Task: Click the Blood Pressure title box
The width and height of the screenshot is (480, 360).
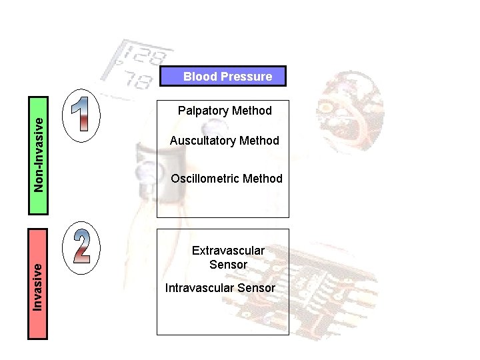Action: click(x=223, y=77)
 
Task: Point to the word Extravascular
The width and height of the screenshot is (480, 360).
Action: click(x=228, y=251)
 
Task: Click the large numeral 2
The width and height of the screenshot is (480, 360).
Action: click(x=82, y=246)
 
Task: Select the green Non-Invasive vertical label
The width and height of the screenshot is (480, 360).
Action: click(x=39, y=155)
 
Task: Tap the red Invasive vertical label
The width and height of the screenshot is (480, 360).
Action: click(x=38, y=283)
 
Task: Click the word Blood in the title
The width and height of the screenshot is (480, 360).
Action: click(x=201, y=77)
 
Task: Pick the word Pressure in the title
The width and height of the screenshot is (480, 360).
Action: click(x=247, y=77)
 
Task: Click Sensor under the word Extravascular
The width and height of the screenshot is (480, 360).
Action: click(x=228, y=265)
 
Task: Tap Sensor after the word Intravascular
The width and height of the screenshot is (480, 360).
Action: click(x=255, y=288)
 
